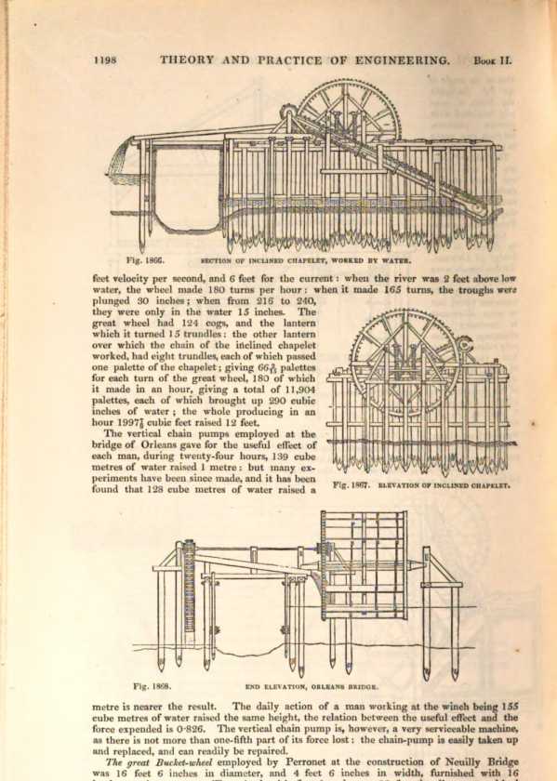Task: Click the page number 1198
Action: (x=105, y=60)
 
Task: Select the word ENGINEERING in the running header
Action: (x=402, y=60)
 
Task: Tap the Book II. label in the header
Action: (x=492, y=60)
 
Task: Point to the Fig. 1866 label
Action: (x=145, y=259)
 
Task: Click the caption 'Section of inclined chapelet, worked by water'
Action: (x=305, y=260)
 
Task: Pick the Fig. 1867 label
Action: (x=351, y=484)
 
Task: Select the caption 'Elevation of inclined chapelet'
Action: (x=444, y=484)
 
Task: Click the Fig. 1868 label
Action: (x=153, y=686)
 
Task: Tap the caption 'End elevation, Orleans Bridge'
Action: (x=312, y=686)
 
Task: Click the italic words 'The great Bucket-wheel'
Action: (x=159, y=762)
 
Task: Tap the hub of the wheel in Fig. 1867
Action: (x=405, y=354)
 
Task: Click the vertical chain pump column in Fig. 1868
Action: (x=190, y=593)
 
